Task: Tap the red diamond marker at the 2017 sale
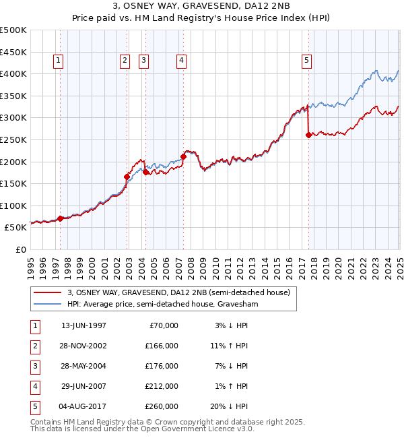tap(308, 135)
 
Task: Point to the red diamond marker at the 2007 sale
tap(183, 156)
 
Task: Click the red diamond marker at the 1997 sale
tap(61, 218)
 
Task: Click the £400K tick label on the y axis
tap(13, 73)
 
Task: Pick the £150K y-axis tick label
tap(13, 183)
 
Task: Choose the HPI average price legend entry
tap(163, 305)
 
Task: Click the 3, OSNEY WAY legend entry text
tap(178, 292)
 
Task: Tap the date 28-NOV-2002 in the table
tap(83, 346)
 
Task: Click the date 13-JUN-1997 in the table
tap(83, 325)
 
